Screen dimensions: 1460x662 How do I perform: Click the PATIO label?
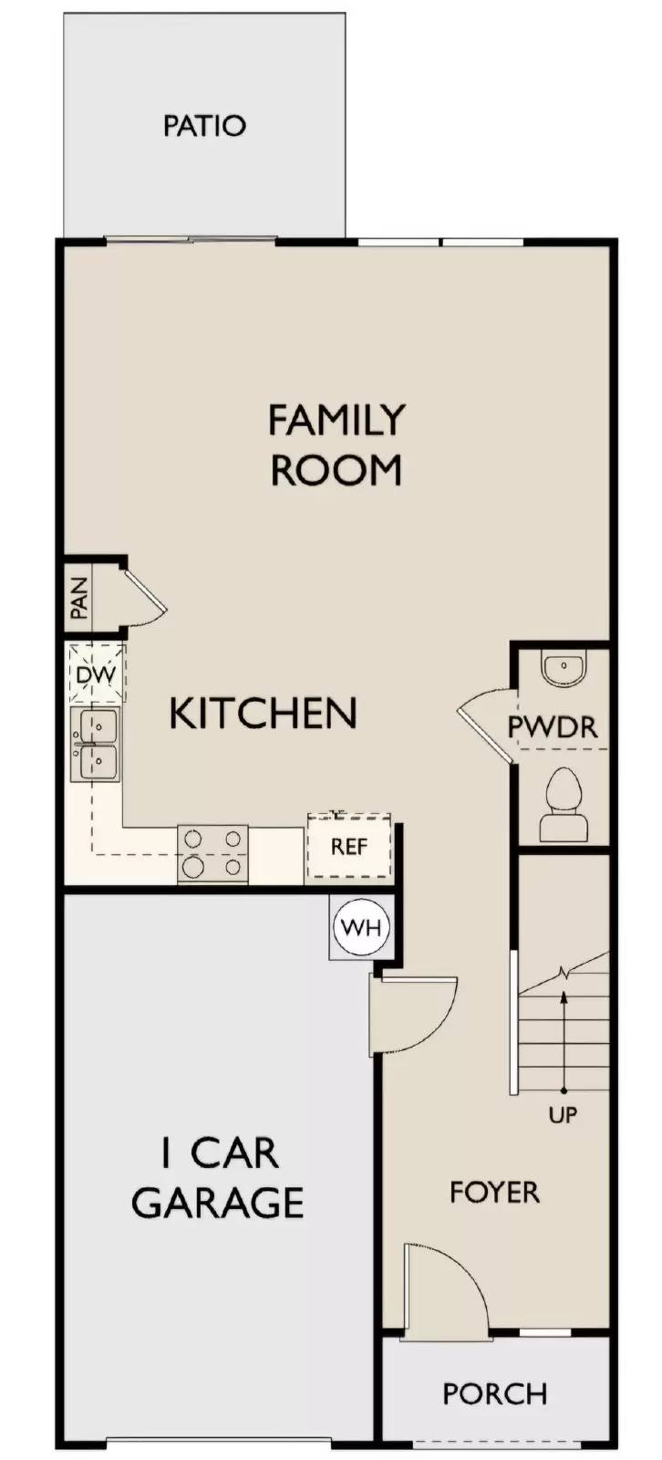[x=204, y=125]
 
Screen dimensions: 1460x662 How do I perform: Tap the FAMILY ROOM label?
[x=336, y=445]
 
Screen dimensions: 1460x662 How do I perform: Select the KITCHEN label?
[x=263, y=713]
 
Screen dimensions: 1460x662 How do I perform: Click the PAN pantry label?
[x=79, y=599]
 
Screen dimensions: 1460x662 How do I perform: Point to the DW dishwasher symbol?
[x=95, y=675]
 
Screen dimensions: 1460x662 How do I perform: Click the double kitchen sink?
[x=96, y=745]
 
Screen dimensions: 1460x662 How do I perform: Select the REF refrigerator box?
[x=349, y=847]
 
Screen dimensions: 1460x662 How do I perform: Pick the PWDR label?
[x=553, y=727]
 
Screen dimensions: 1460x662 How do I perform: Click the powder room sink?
[x=563, y=668]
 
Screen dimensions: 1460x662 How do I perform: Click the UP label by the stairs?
[x=563, y=1114]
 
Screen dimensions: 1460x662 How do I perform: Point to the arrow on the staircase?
[x=564, y=1040]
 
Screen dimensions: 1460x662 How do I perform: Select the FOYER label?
[x=494, y=1192]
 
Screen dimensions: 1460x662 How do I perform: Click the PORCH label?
[x=494, y=1393]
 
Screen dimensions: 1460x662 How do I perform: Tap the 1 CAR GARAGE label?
[x=219, y=1178]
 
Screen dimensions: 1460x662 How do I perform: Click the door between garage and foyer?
[x=415, y=1013]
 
